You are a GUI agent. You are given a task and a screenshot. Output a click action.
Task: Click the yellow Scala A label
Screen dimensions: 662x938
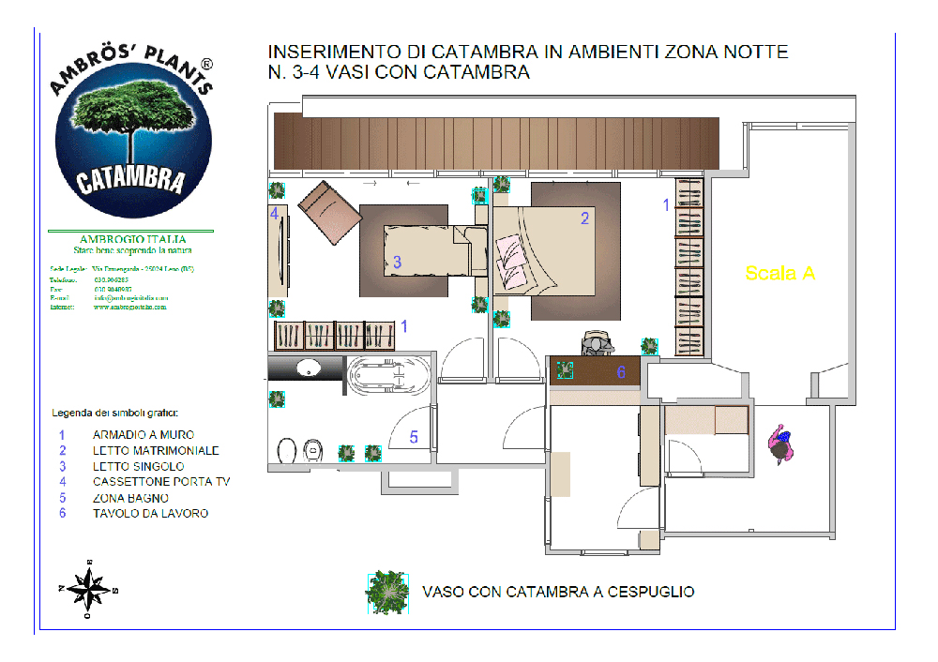pos(779,273)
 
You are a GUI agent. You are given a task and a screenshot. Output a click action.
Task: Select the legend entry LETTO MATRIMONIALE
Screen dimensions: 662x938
pos(155,451)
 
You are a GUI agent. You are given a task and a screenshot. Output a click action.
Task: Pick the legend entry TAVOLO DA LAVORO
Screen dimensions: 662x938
pos(150,514)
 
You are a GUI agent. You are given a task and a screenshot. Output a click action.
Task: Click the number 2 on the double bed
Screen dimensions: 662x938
pos(584,218)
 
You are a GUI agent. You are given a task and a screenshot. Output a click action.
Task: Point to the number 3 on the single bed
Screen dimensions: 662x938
pos(397,263)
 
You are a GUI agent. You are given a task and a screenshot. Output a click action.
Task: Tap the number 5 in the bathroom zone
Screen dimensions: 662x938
pos(414,437)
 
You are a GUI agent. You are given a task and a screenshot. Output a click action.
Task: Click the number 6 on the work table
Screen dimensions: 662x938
pos(621,372)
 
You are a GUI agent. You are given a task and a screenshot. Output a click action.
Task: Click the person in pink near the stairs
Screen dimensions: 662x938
pos(779,444)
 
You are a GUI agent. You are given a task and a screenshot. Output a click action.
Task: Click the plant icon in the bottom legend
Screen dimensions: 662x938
pos(386,592)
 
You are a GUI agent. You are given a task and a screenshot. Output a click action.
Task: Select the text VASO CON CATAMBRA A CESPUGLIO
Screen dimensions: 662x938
pos(558,592)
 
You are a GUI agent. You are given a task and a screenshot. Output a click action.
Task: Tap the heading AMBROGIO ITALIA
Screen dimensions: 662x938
pos(132,239)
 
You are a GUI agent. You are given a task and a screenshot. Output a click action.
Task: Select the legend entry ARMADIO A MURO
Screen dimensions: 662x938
pos(143,435)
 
